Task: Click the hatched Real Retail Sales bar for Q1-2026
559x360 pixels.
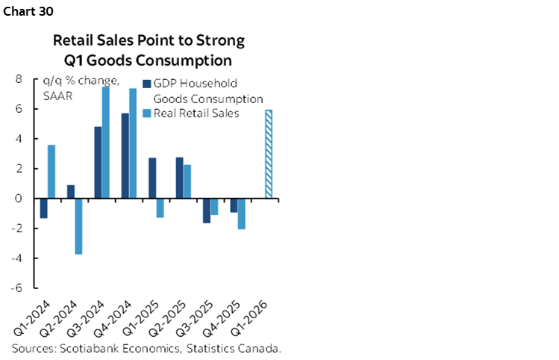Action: [269, 154]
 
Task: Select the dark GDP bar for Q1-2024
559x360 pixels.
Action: [43, 208]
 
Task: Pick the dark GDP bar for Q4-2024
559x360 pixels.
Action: [125, 156]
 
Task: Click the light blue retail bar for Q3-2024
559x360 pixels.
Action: [106, 143]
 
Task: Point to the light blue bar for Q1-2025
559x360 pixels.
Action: [160, 208]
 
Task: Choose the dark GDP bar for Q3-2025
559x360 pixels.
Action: [206, 211]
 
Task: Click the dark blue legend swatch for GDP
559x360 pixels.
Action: [146, 84]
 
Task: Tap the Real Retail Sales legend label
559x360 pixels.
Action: [196, 114]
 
